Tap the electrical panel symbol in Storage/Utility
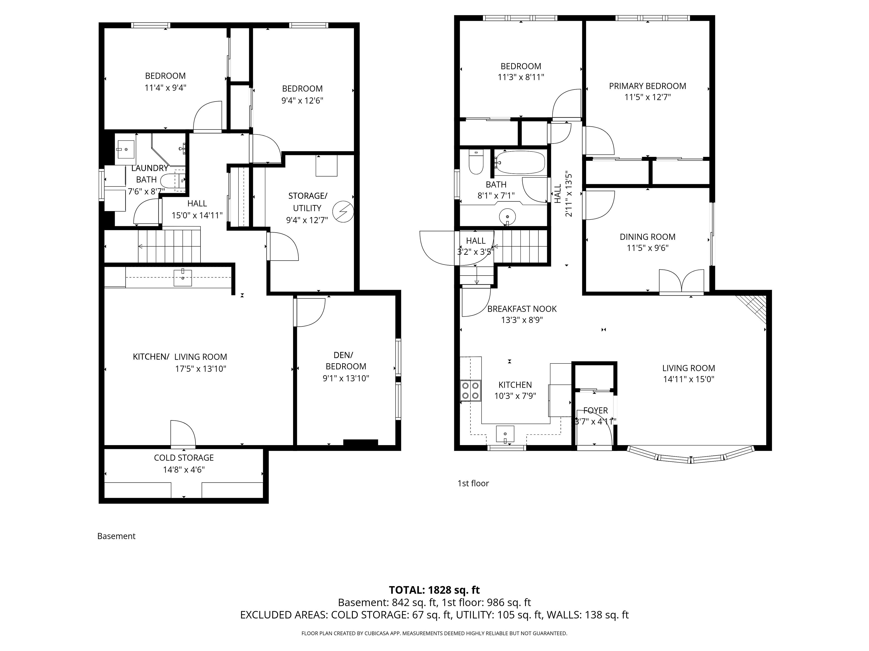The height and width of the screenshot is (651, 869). click(x=343, y=212)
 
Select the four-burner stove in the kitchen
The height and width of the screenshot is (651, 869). click(x=471, y=391)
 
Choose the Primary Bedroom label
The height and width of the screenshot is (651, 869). click(x=647, y=86)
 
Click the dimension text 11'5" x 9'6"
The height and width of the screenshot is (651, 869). click(x=647, y=248)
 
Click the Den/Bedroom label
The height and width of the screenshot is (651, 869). click(x=346, y=361)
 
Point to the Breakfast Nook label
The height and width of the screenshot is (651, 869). click(x=522, y=309)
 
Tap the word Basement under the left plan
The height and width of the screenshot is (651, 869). click(x=116, y=536)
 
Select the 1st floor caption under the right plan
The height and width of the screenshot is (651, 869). click(x=473, y=484)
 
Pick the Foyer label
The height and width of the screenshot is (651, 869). click(x=596, y=410)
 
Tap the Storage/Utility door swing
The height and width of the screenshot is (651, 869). click(x=283, y=246)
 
